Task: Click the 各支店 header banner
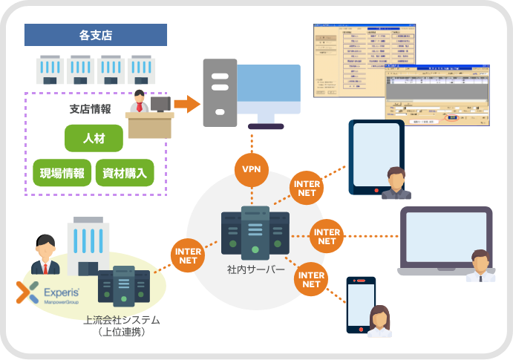tap(95, 35)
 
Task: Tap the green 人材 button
tap(94, 137)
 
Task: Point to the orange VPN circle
tap(251, 168)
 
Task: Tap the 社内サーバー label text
tap(255, 269)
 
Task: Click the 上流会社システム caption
tap(122, 321)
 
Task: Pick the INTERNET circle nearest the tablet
tap(307, 189)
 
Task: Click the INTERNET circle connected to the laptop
tap(327, 236)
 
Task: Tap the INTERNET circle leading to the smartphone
tap(311, 279)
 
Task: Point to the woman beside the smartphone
tap(379, 323)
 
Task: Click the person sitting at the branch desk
tap(140, 103)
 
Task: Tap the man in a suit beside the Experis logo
tap(45, 255)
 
